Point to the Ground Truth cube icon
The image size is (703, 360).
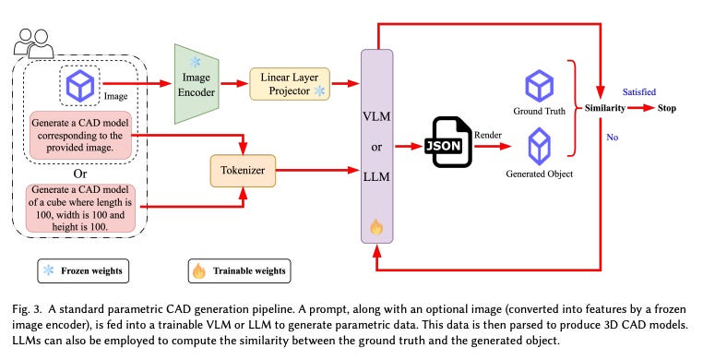pyautogui.click(x=539, y=87)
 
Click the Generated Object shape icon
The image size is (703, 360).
pyautogui.click(x=539, y=145)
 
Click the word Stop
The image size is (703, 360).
pyautogui.click(x=667, y=108)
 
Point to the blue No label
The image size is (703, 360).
pyautogui.click(x=611, y=136)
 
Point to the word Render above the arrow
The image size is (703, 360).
pyautogui.click(x=488, y=134)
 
